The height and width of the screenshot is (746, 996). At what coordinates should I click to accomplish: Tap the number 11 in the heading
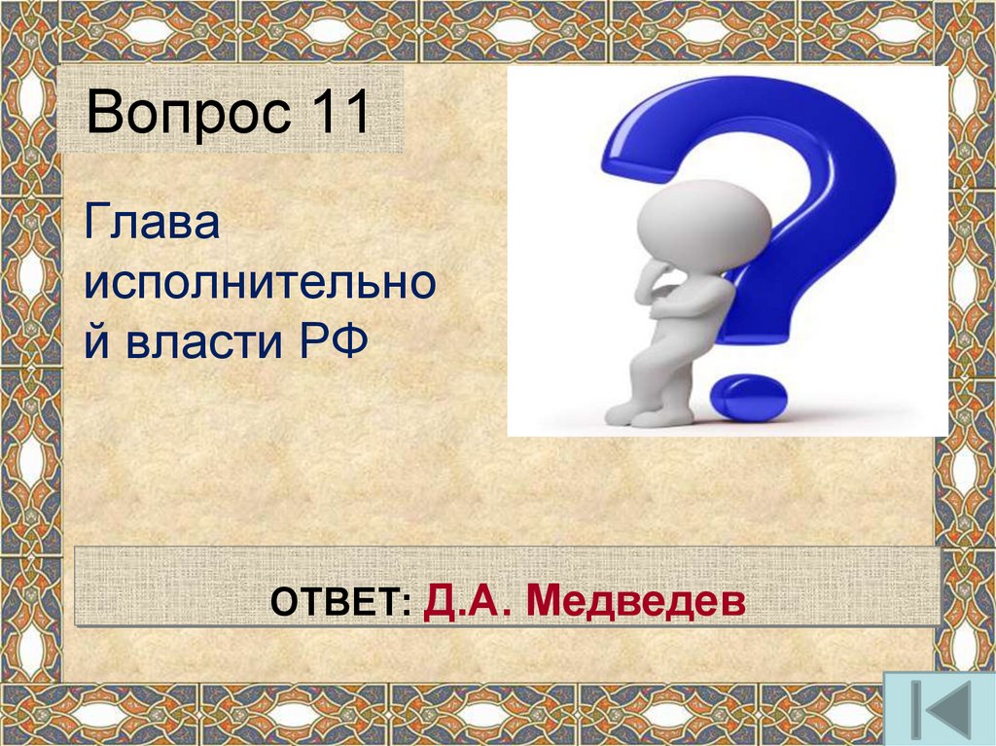point(339,114)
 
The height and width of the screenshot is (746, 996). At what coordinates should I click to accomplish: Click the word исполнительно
point(258,286)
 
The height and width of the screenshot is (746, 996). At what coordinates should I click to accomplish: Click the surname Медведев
point(636,602)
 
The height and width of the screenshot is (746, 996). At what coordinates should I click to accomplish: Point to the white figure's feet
point(647,415)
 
